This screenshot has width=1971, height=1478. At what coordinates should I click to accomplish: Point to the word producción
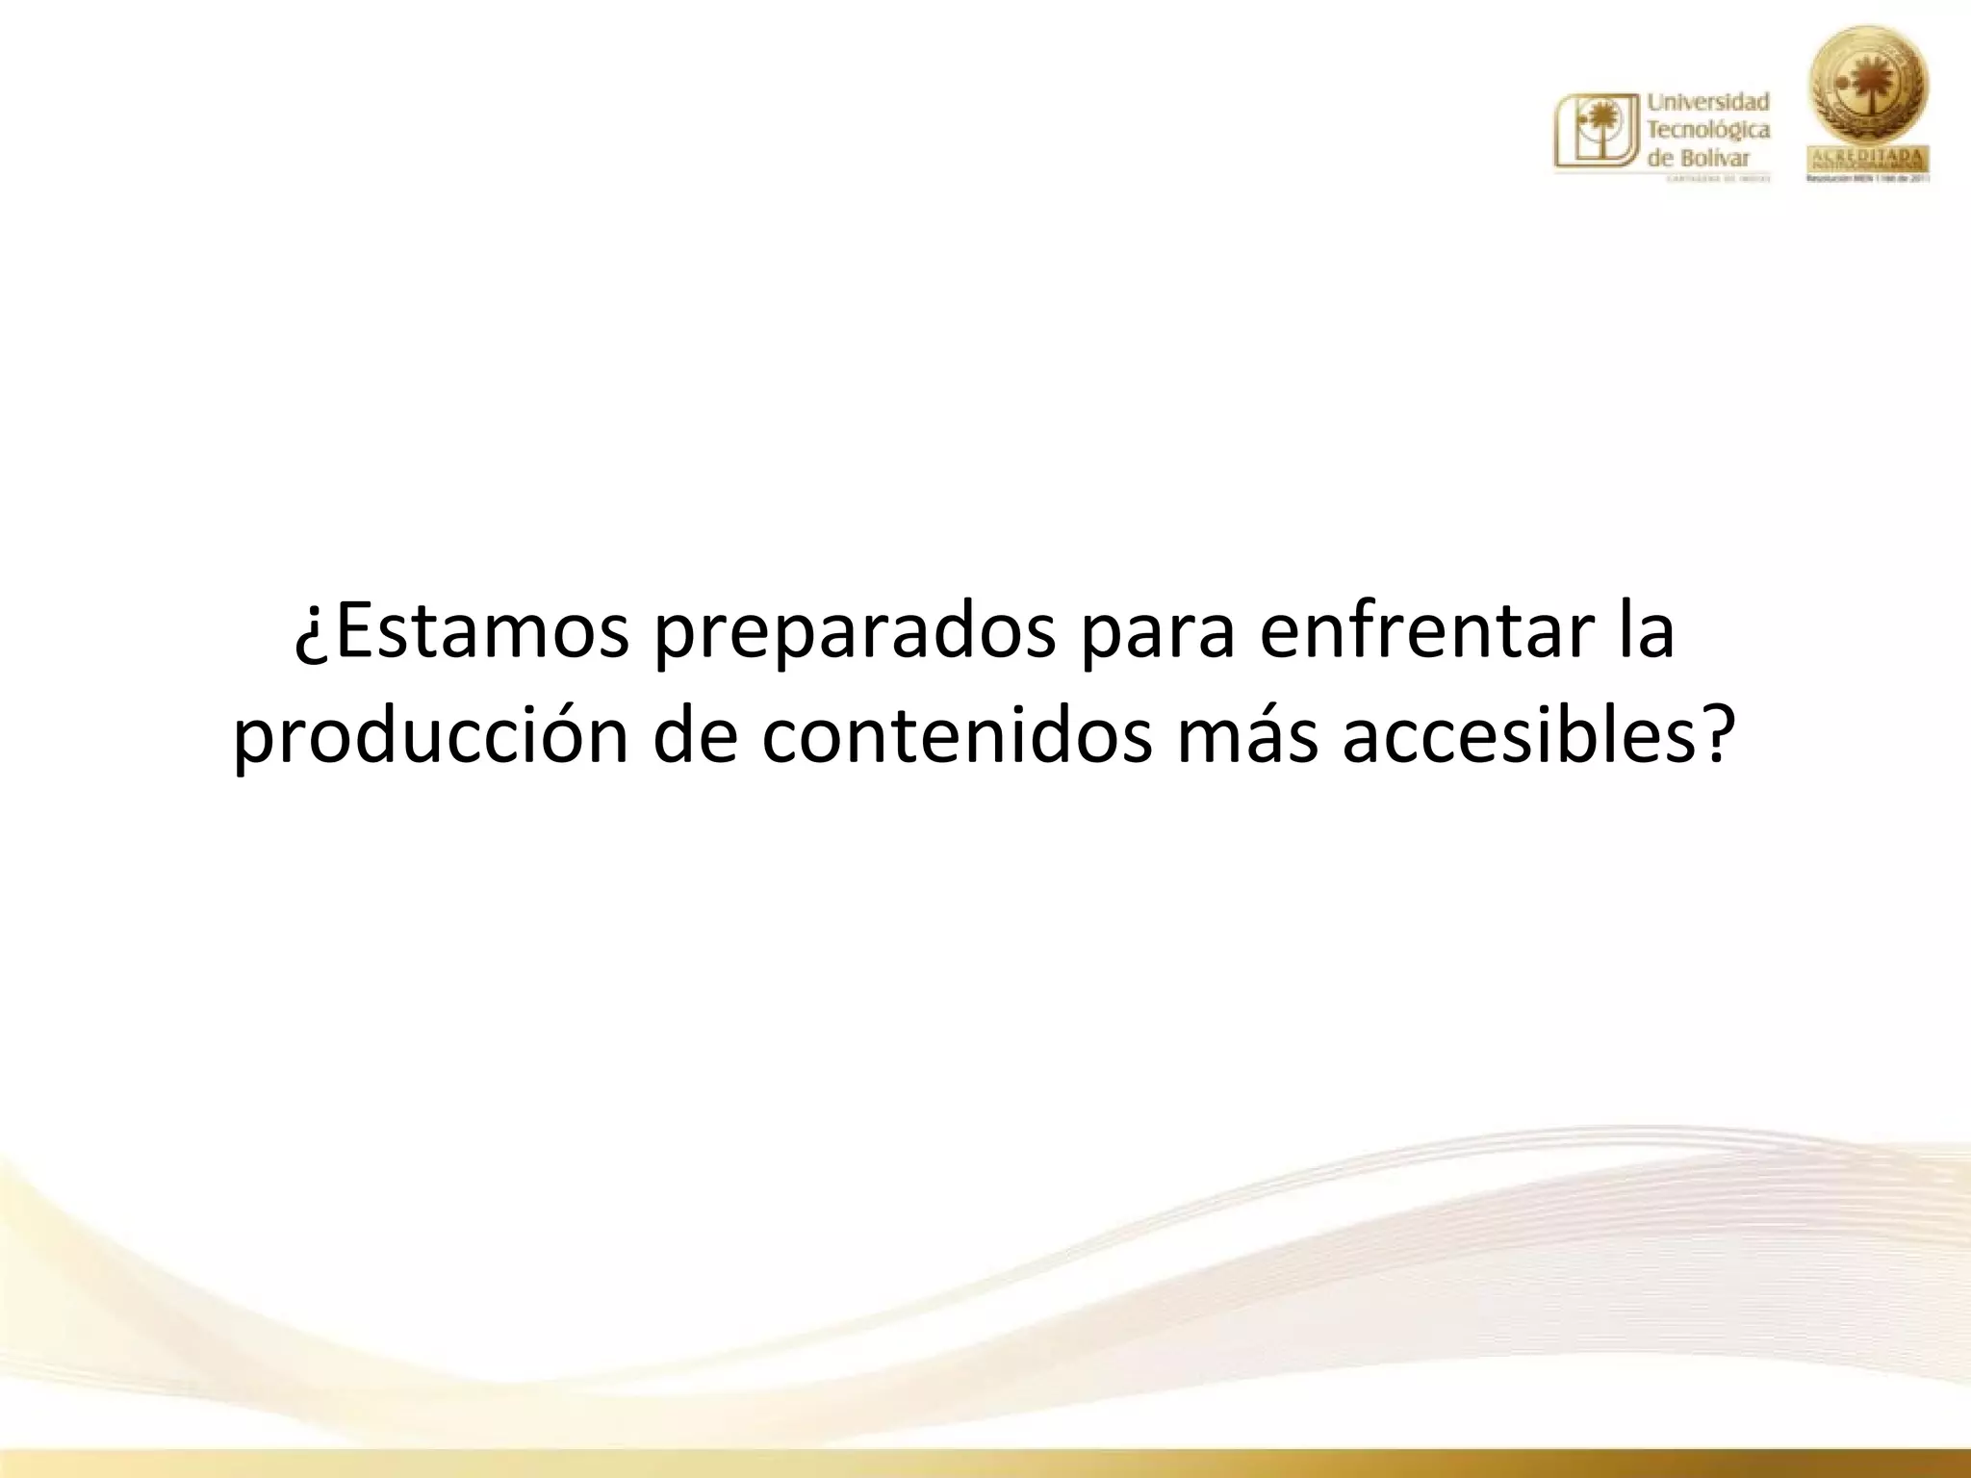pyautogui.click(x=429, y=739)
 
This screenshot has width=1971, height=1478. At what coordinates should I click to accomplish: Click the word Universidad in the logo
pyautogui.click(x=1708, y=102)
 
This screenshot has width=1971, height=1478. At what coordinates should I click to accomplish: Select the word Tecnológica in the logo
pyautogui.click(x=1708, y=130)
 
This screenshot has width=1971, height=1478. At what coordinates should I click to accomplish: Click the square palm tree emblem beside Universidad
pyautogui.click(x=1595, y=132)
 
